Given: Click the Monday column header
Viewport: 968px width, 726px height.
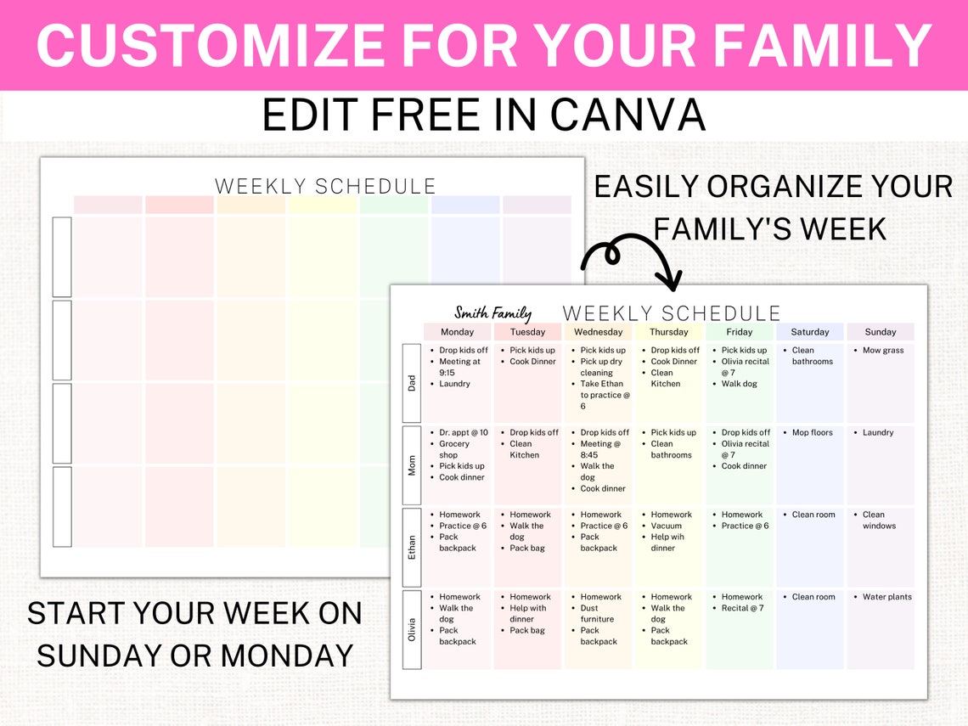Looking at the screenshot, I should pos(458,332).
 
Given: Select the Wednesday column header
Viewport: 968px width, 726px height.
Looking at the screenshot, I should pos(598,332).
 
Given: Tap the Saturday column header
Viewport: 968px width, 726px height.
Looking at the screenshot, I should pos(809,332).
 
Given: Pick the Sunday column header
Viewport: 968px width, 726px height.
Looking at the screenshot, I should pos(881,332).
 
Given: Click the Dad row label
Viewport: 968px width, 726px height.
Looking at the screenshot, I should pos(412,383).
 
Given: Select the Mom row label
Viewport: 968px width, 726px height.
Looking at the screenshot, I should pos(412,465).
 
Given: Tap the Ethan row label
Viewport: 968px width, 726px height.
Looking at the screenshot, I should pos(412,547).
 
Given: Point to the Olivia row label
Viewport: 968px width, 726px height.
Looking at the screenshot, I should pos(412,629).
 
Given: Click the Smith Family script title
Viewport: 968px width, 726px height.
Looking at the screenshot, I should pos(492,313).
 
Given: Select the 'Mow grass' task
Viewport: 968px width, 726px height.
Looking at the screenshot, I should pos(883,351).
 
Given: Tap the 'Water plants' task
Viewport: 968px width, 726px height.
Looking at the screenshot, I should pos(886,597).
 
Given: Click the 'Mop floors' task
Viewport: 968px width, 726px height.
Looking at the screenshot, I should pos(812,433).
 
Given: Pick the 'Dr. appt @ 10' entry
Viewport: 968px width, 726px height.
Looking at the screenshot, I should pos(464,433).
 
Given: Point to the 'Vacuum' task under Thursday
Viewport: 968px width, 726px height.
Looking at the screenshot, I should pos(666,526).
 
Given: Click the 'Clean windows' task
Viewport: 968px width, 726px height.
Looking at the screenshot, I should pos(878,521).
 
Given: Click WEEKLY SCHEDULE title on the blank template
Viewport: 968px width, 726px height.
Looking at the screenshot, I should pos(325,186).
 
